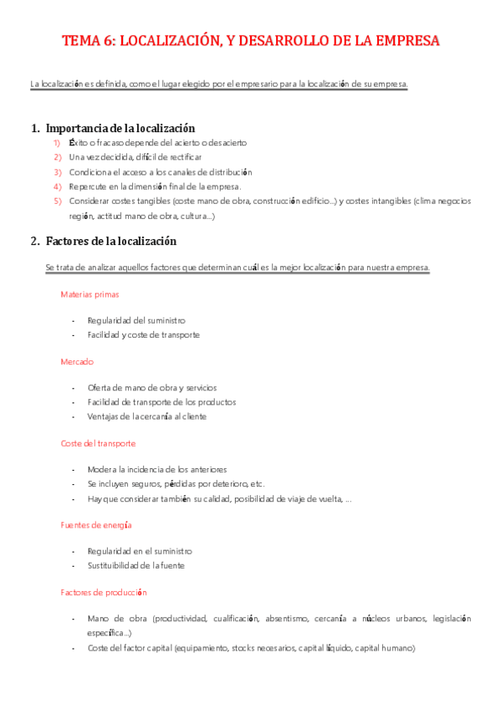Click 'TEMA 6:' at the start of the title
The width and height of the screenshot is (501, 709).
point(89,41)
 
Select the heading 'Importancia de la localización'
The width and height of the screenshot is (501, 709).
point(120,128)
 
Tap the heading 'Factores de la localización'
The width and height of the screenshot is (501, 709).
point(111,241)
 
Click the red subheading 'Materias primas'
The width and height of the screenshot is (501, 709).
point(89,294)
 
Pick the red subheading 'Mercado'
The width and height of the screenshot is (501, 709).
point(77,361)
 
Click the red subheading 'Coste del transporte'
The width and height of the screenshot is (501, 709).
point(98,443)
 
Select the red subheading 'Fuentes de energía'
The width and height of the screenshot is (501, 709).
point(96,524)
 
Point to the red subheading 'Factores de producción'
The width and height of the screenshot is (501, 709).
point(104,592)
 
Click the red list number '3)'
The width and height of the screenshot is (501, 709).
point(58,171)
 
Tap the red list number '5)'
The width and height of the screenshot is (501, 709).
point(58,201)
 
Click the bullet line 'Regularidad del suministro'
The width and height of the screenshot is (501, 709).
point(136,320)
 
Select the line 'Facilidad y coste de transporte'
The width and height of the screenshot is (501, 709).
point(143,334)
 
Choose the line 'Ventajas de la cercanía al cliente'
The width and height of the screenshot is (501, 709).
point(146,416)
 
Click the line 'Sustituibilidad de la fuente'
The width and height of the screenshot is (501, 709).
point(135,565)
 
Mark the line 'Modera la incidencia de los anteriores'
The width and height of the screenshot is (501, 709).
point(156,469)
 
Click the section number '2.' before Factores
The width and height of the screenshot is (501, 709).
point(34,241)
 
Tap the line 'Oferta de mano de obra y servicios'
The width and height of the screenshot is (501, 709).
point(151,388)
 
